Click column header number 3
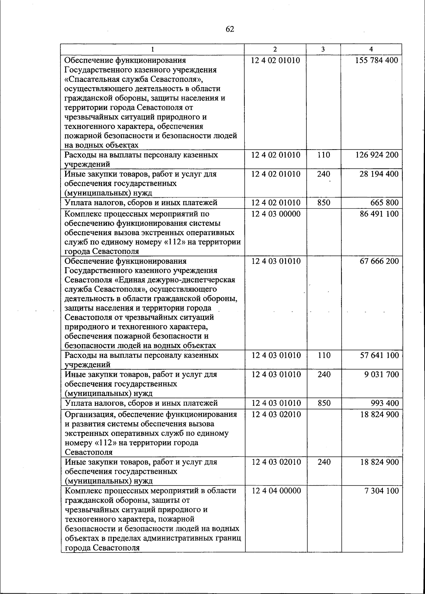[323, 50]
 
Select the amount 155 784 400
[377, 60]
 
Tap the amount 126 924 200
[377, 155]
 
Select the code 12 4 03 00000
[276, 214]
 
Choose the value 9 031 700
[382, 374]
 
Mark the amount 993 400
[385, 403]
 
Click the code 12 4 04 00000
[276, 491]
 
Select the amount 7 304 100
[382, 491]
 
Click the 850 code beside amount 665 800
[324, 203]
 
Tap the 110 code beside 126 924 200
[324, 155]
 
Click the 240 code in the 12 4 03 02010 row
[324, 462]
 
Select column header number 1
[152, 50]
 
